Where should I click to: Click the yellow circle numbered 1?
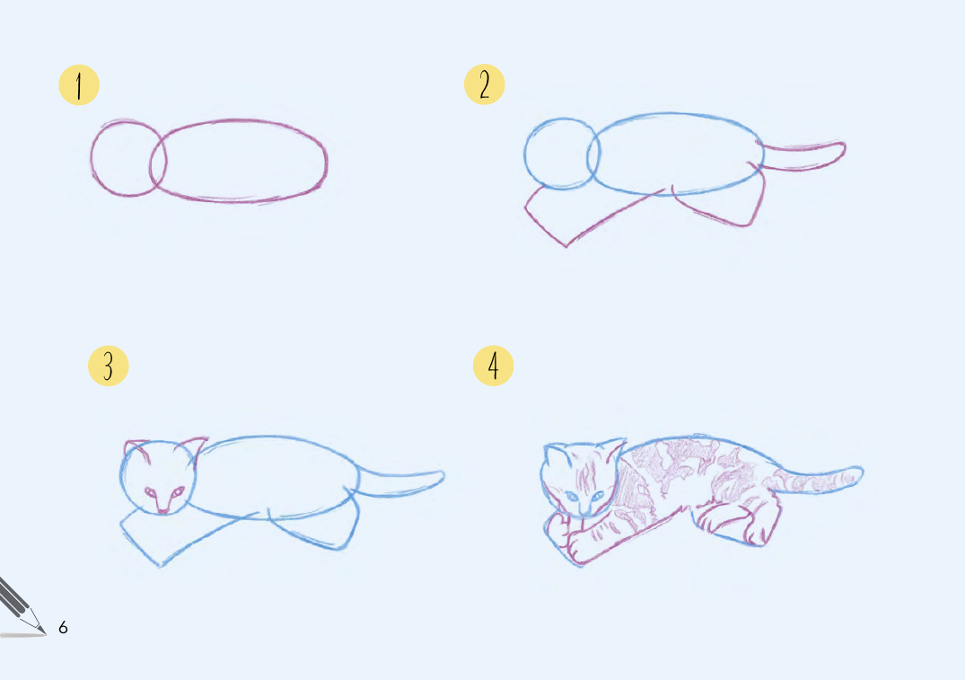[x=79, y=85]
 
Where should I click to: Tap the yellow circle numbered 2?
[x=484, y=84]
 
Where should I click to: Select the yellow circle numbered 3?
[x=109, y=366]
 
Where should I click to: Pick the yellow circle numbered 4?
[x=494, y=366]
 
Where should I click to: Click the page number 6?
[x=63, y=628]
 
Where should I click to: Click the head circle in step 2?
[x=525, y=155]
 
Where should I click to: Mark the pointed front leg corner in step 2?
[x=566, y=247]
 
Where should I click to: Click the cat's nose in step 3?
[x=162, y=509]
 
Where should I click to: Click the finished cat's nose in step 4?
[x=584, y=509]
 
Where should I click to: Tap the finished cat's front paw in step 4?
[x=575, y=550]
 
